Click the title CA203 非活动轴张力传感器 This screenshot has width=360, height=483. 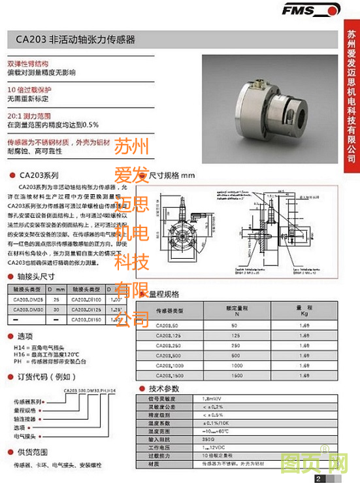[x=76, y=40]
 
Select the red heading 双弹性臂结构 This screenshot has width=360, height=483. [x=27, y=65]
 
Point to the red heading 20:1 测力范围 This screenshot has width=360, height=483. [x=29, y=114]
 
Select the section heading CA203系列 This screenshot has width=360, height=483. [x=39, y=175]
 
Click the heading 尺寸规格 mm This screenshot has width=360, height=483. [x=172, y=175]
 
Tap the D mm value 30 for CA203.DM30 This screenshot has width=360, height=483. [x=58, y=309]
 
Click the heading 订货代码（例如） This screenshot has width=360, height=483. [x=45, y=377]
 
